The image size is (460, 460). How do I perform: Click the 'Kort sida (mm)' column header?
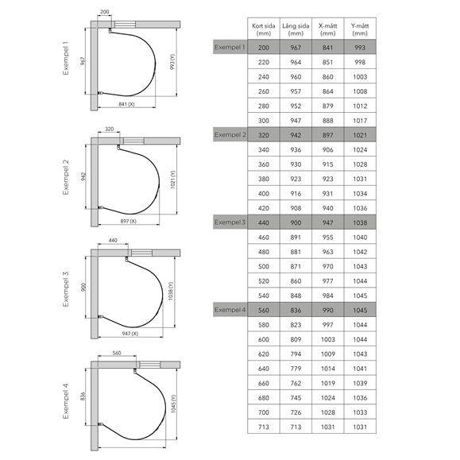tap(264, 29)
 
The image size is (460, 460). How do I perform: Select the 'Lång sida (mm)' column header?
tap(296, 29)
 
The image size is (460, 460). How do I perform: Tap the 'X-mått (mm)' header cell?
tap(327, 29)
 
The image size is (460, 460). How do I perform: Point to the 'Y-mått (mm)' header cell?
tap(360, 29)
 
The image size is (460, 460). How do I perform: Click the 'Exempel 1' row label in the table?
tap(230, 47)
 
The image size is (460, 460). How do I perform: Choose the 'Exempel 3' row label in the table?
tap(230, 222)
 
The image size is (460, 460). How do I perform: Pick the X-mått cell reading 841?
tap(327, 48)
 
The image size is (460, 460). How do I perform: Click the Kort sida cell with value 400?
tap(264, 194)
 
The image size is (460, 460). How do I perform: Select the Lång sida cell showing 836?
tap(296, 310)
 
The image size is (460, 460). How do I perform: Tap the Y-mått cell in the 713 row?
tap(360, 427)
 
